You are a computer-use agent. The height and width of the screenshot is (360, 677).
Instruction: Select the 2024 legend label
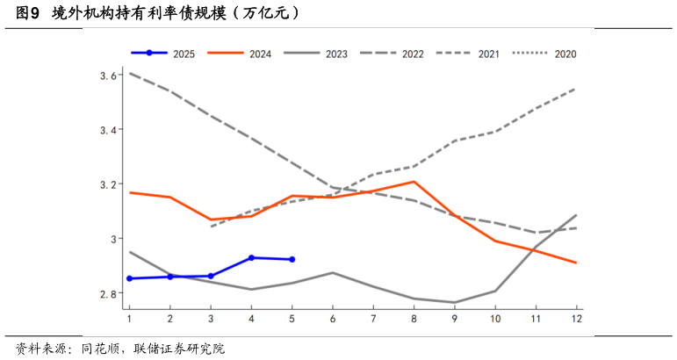point(260,54)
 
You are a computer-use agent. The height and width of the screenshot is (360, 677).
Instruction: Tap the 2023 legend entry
point(335,54)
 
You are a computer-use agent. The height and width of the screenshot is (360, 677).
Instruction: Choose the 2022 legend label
point(413,54)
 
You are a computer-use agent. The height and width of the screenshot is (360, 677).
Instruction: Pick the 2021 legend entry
point(489,54)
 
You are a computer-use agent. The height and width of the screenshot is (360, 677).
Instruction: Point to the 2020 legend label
point(565,54)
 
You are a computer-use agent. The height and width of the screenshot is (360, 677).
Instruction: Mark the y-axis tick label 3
point(113,239)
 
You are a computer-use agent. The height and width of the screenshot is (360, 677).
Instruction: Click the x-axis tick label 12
point(577,317)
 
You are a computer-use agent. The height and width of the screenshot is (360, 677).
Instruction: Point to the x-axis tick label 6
point(333,317)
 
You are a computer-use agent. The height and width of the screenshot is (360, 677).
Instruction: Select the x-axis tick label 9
point(455,317)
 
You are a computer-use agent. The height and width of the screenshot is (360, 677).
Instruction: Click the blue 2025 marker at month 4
point(252,257)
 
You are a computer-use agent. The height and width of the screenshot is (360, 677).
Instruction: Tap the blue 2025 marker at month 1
point(130,278)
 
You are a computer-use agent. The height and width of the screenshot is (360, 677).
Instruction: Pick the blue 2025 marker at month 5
point(292,259)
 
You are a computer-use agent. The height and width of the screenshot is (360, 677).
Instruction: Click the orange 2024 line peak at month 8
point(414,182)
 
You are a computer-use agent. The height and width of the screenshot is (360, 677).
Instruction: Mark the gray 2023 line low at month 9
point(455,303)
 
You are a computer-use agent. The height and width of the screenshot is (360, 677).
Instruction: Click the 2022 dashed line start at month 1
point(130,73)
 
